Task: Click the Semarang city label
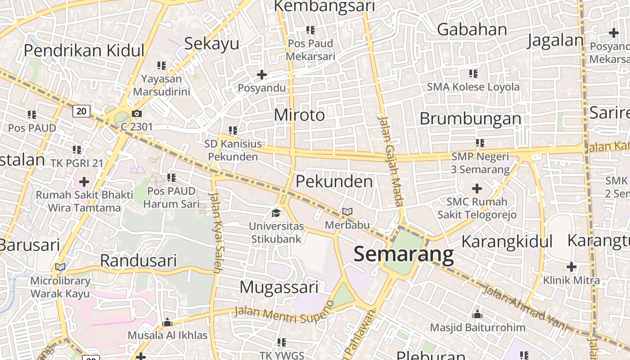[x=404, y=254]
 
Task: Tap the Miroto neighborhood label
[x=299, y=115]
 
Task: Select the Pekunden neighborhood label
[x=334, y=181]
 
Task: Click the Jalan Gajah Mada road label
[x=391, y=161]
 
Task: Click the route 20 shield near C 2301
[x=81, y=111]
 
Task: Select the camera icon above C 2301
[x=136, y=114]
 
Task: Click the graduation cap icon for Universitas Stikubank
[x=276, y=212]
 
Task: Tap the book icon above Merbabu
[x=347, y=211]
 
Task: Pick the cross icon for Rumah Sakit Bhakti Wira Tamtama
[x=84, y=182]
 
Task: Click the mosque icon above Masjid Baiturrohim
[x=477, y=314]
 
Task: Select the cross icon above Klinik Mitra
[x=571, y=267]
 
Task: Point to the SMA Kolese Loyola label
[x=473, y=87]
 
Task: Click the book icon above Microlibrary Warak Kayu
[x=60, y=267]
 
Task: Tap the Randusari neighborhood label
[x=138, y=261]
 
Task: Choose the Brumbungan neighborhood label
[x=470, y=119]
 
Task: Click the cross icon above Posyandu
[x=261, y=75]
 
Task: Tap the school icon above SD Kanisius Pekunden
[x=233, y=130]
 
